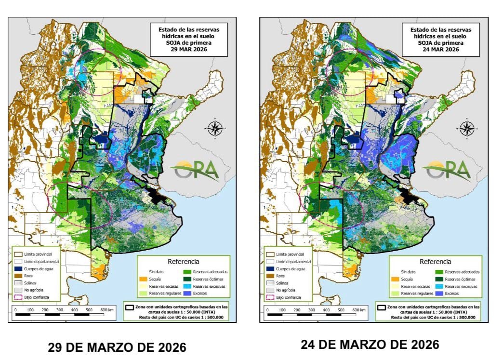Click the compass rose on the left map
(x=215, y=128)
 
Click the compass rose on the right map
(x=466, y=128)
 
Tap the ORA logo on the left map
(x=197, y=170)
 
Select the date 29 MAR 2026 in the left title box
(x=192, y=49)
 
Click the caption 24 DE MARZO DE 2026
(x=370, y=345)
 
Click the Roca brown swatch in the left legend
(x=17, y=276)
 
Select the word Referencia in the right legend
(x=435, y=262)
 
